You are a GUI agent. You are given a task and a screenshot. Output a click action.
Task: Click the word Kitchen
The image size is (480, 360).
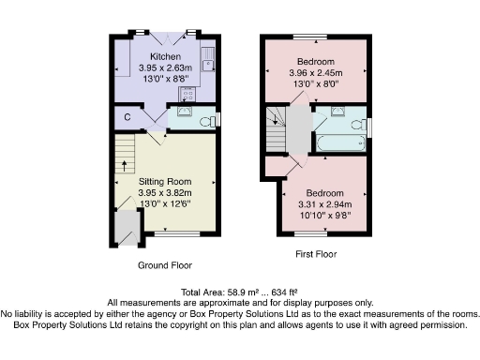coord(165,56)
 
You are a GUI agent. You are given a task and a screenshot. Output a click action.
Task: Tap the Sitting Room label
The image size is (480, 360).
coord(165,180)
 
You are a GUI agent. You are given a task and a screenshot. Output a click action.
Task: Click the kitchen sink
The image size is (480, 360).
coord(207,65)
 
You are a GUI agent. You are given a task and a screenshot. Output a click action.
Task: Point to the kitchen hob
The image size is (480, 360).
coord(187,94)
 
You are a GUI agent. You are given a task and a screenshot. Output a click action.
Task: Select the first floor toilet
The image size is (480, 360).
coord(356,123)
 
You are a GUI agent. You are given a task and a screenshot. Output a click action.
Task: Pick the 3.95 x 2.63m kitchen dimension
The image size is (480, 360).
coord(165,67)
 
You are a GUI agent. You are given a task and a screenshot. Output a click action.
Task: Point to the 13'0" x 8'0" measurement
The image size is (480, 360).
coord(315,83)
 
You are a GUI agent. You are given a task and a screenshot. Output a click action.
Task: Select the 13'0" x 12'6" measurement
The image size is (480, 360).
coord(165,202)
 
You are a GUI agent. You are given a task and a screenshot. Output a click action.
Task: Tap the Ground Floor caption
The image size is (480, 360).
coord(165,265)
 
